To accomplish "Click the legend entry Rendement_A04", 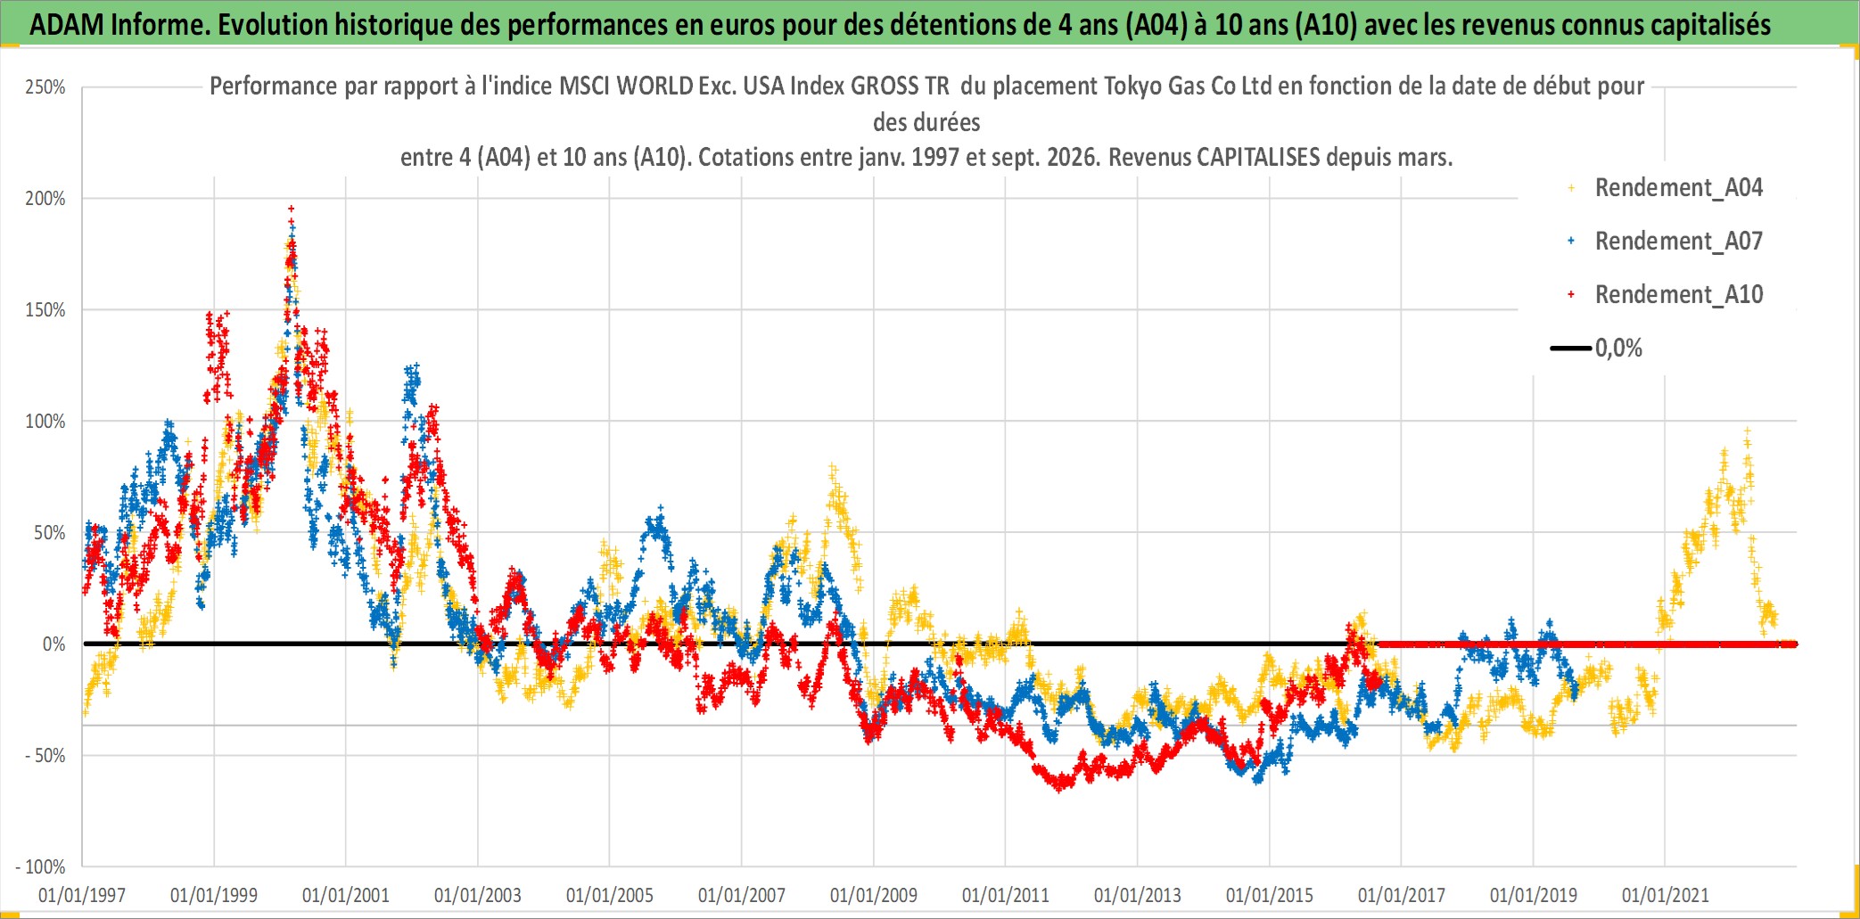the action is pos(1678,188).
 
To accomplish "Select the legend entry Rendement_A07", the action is pos(1678,242).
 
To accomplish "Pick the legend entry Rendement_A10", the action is pos(1678,295).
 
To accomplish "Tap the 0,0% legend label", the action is pos(1618,349).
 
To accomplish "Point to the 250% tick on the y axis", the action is pos(45,87).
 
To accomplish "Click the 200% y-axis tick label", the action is pos(45,199).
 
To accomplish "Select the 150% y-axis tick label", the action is pos(45,310).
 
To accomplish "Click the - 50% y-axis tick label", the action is pos(45,756).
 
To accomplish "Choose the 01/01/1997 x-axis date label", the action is pos(82,895).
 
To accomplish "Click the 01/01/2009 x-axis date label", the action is pos(874,895).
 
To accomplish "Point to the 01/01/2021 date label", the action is pos(1666,895).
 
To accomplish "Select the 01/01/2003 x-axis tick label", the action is pos(478,895).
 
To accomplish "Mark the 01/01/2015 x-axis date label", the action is pos(1270,895).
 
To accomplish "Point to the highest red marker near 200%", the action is pos(291,209).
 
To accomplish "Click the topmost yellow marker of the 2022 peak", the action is pos(1748,431).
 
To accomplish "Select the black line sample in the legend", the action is pos(1571,349).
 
